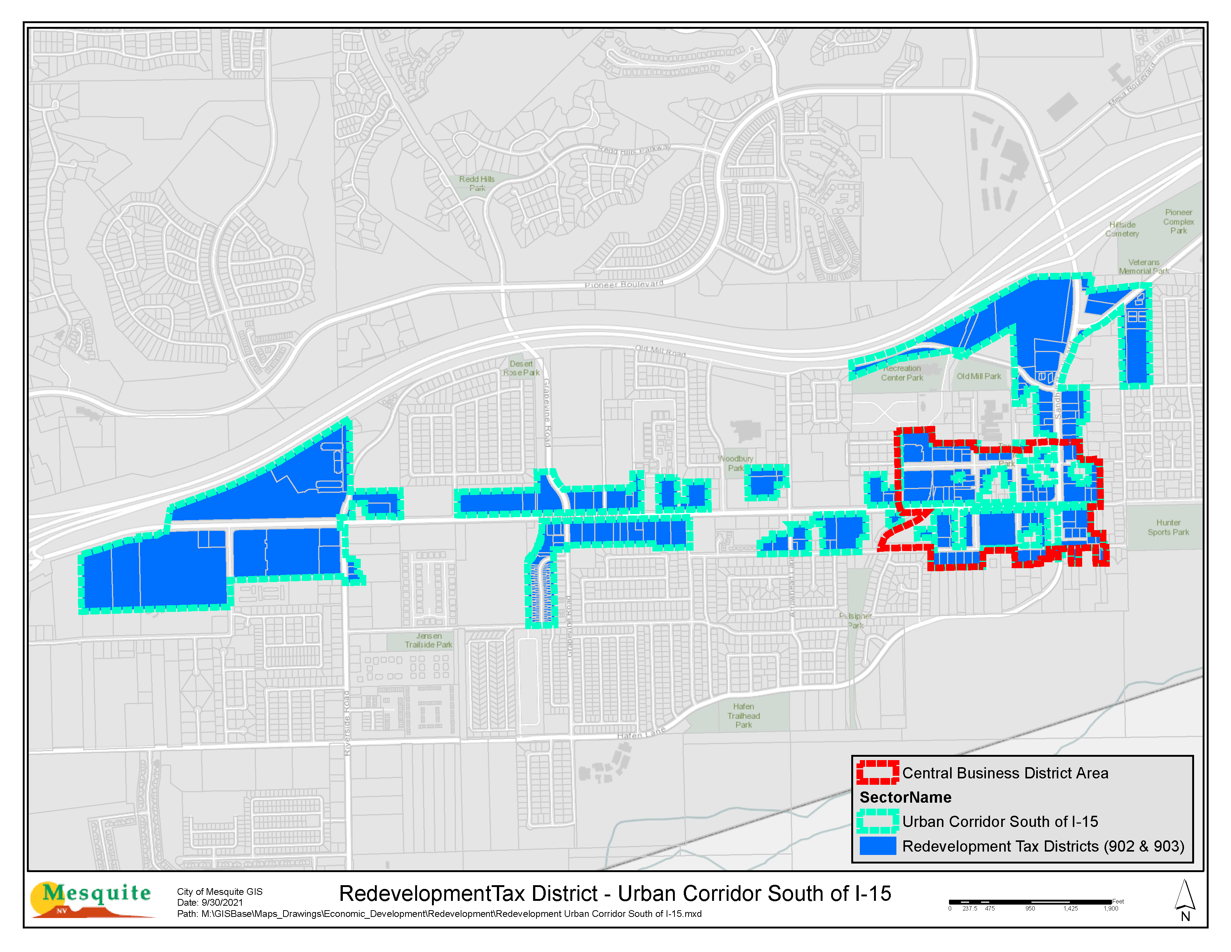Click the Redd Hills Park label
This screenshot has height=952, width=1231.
476,183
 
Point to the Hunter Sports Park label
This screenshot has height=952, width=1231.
1168,527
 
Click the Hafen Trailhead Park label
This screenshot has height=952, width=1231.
743,716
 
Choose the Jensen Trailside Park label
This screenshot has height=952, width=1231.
428,640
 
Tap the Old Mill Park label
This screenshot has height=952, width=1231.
978,376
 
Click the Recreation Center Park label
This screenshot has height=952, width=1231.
902,373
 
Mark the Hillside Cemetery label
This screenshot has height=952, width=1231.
1122,229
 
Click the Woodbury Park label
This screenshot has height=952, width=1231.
736,463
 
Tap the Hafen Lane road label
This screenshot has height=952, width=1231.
641,733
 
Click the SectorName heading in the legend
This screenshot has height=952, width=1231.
905,797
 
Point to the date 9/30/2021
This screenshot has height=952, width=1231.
222,902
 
